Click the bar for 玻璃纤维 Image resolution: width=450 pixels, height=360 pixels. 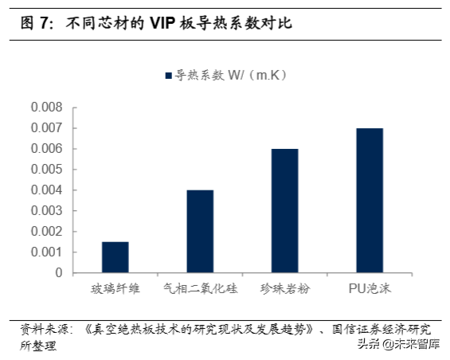point(115,257)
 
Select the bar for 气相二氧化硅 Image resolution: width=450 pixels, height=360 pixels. point(200,231)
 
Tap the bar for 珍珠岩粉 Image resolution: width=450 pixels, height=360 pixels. point(284,210)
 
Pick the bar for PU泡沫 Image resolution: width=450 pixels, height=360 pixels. point(370,200)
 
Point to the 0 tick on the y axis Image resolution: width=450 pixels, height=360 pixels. point(59,273)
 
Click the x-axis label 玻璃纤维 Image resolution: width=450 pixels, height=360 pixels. point(115,288)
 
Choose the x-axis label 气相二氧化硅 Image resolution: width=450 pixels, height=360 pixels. point(200,288)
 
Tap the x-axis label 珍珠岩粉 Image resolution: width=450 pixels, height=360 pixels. point(284,288)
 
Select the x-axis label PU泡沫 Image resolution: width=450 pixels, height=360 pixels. point(370,288)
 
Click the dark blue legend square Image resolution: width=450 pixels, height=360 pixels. point(168,76)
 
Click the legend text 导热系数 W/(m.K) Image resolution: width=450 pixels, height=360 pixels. point(231,76)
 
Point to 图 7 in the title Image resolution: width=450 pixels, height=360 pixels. point(37,24)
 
